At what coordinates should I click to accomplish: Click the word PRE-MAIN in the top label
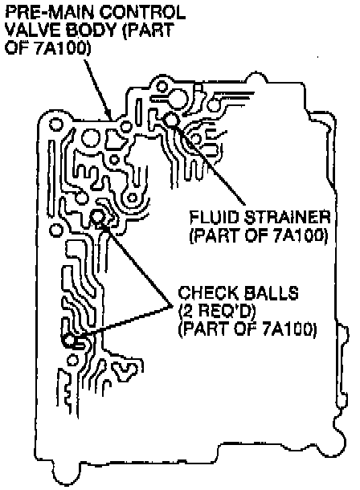pos(49,13)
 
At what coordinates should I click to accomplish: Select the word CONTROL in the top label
pos(142,13)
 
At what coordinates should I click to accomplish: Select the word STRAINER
pos(288,217)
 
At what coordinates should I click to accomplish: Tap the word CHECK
pos(207,293)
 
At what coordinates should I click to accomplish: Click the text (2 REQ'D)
pos(217,311)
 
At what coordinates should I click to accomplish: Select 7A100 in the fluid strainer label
pos(301,235)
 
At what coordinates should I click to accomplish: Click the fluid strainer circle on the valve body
pos(172,120)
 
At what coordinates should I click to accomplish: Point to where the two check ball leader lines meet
pos(171,305)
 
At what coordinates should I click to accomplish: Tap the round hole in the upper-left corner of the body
pos(56,125)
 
